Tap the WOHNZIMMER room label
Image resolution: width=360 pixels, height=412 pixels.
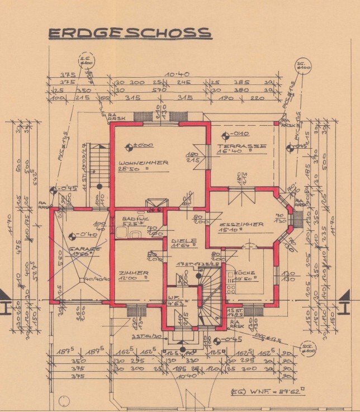pos(143,163)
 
